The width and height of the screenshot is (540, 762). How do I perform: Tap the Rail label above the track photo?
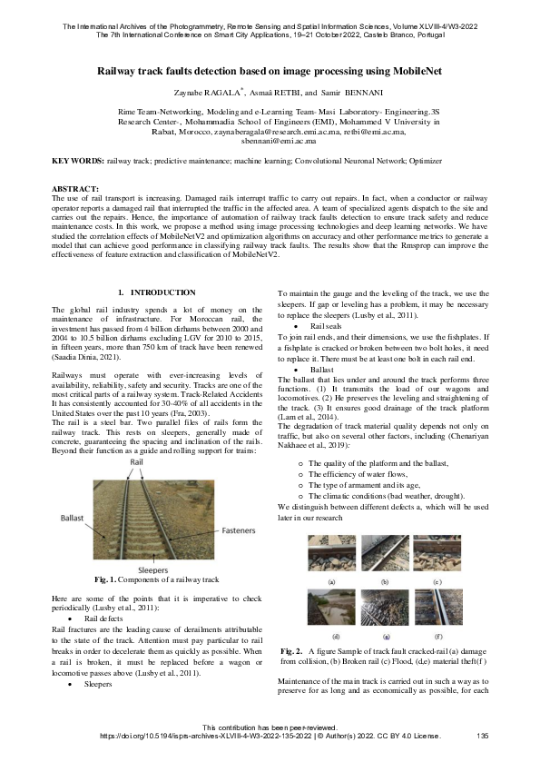[x=138, y=461]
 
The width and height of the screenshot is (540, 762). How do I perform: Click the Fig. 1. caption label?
[x=108, y=579]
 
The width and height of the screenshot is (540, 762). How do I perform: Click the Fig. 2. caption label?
[x=292, y=652]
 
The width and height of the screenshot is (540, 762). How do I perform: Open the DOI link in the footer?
[x=182, y=736]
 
